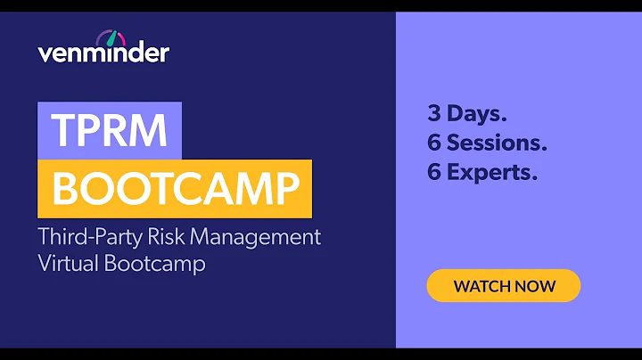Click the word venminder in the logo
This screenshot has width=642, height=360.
coord(103,53)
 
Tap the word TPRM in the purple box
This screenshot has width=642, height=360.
coord(110,131)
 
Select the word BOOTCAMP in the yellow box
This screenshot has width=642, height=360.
coord(174,189)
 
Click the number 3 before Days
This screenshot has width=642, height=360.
coord(434,114)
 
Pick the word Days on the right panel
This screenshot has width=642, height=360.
coord(478,114)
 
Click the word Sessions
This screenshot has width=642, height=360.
coord(498,143)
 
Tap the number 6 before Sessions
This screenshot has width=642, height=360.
coord(434,143)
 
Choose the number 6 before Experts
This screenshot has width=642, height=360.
coord(434,173)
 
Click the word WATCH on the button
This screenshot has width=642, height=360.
coord(482,286)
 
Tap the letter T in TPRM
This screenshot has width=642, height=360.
coord(62,131)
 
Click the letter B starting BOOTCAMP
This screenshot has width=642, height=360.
coord(64,189)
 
